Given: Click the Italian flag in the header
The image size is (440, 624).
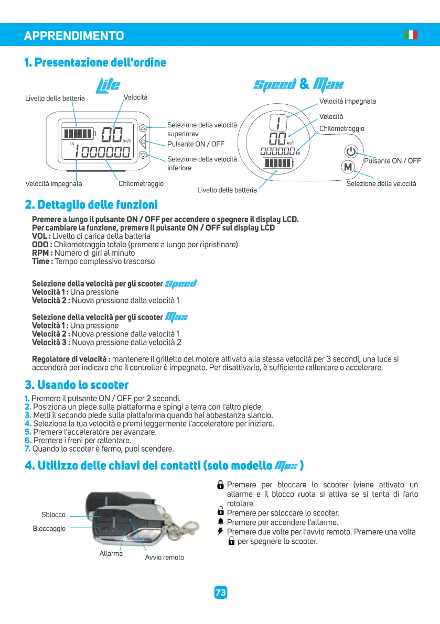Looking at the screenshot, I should [411, 35].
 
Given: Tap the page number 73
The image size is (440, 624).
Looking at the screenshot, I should [220, 593].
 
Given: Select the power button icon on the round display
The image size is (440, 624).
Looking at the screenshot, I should [351, 152].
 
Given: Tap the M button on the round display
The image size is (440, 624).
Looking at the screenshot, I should [348, 168].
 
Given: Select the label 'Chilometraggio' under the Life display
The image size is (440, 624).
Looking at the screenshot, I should [141, 184].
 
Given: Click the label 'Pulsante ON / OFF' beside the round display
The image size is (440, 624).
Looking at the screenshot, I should [392, 161].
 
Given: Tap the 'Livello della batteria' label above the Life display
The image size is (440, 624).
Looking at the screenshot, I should [55, 98].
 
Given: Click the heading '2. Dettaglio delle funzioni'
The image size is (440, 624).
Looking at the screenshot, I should [91, 204].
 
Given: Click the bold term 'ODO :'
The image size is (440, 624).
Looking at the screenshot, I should [42, 245].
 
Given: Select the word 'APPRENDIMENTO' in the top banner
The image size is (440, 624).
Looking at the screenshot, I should [74, 36].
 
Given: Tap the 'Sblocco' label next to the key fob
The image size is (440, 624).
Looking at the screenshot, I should [53, 514].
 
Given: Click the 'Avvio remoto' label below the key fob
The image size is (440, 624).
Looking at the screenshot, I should [164, 557].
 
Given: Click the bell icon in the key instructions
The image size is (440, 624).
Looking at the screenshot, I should [221, 522].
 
